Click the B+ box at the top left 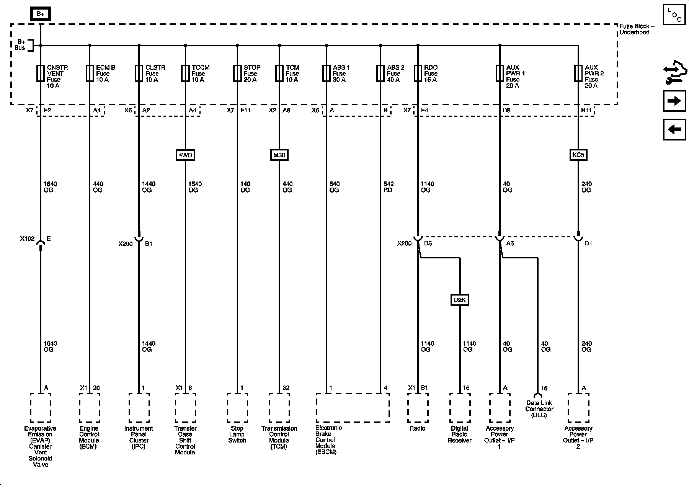[40, 14]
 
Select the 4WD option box [185, 155]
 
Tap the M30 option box [279, 155]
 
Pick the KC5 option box [578, 155]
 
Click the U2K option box [459, 300]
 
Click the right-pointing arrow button [674, 101]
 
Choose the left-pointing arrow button [674, 129]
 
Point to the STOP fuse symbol [237, 73]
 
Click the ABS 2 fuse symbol [380, 73]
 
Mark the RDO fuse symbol [418, 73]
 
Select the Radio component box [418, 408]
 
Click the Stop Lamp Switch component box [237, 408]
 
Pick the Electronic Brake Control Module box [353, 408]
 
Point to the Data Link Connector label [539, 409]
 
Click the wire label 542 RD [388, 187]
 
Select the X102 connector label [27, 238]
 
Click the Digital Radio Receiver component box [460, 408]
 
